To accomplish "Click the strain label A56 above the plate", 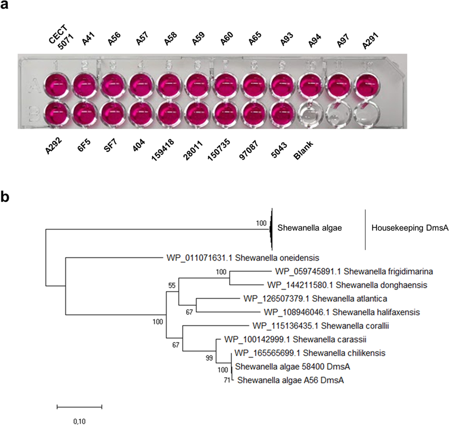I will (114, 39).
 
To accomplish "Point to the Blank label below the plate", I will (303, 150).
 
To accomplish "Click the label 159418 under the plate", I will (163, 150).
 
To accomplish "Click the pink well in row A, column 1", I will (56, 85).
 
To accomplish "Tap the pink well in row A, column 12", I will (367, 85).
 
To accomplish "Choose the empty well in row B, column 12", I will (366, 114).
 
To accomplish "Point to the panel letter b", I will (5, 197).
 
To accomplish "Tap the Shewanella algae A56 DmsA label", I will (290, 380).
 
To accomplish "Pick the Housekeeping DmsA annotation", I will (410, 228).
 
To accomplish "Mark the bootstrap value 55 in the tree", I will (172, 286).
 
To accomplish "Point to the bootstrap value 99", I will (209, 358).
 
